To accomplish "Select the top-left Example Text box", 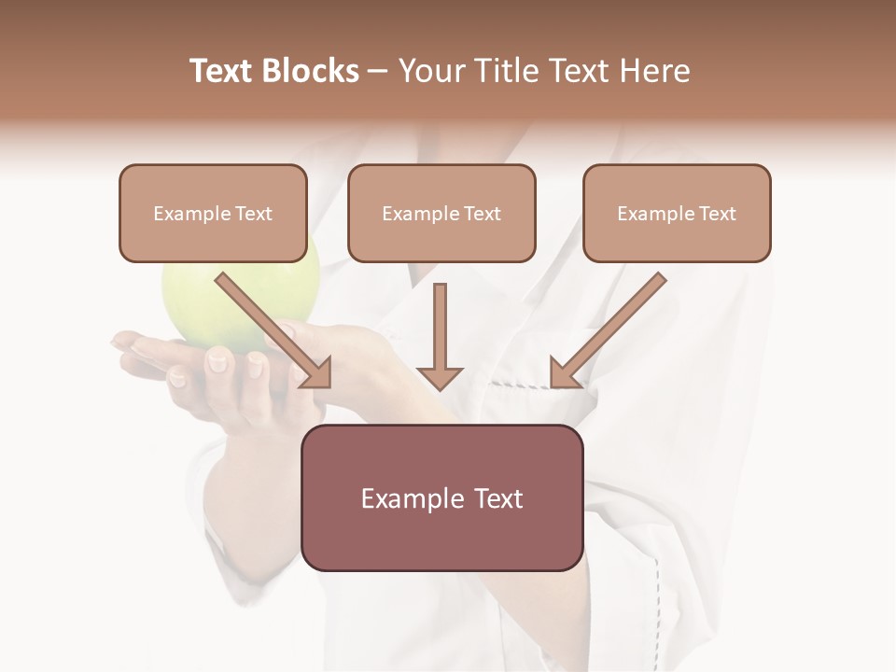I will coord(213,214).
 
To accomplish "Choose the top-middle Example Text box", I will coord(441,214).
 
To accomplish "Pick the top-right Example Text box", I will coord(677,214).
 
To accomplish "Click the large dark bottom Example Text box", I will coord(441,497).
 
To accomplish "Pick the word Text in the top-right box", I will coord(718,214).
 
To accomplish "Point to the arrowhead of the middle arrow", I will coord(440,377).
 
